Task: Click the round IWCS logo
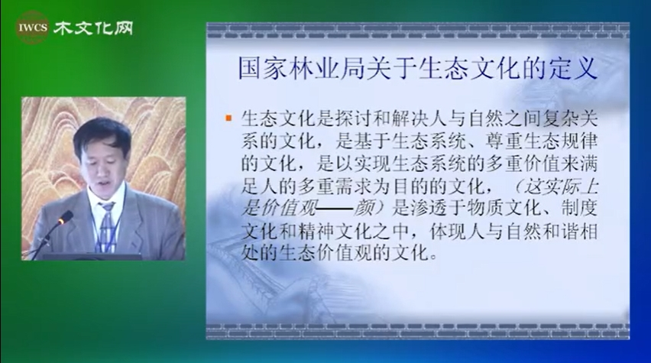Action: point(33,28)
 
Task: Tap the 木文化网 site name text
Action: point(93,28)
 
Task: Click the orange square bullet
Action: point(228,118)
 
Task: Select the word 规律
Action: point(580,141)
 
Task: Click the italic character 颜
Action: point(362,209)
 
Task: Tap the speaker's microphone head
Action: point(66,217)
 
